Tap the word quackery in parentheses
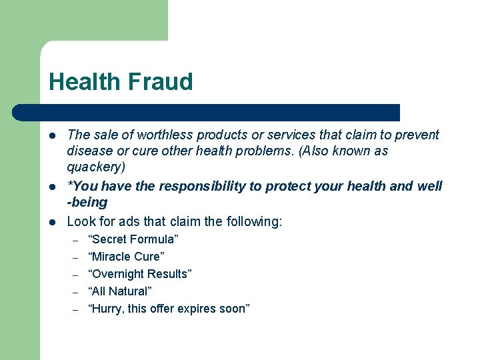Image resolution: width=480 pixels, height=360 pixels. tap(95, 167)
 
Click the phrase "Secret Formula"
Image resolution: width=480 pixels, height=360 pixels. tap(133, 239)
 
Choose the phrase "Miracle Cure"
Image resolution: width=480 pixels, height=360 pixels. tap(126, 257)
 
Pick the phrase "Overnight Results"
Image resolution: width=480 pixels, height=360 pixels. tap(140, 274)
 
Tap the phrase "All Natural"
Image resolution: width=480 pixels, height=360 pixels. tap(120, 291)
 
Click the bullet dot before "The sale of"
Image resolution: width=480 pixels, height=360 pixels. tap(53, 135)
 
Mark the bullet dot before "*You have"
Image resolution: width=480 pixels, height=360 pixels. tap(53, 187)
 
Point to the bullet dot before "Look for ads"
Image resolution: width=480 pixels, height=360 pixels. tap(53, 222)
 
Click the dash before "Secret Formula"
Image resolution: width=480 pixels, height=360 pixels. tap(76, 240)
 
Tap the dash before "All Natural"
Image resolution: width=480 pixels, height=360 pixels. tap(76, 292)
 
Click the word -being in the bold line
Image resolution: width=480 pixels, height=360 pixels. tap(87, 202)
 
